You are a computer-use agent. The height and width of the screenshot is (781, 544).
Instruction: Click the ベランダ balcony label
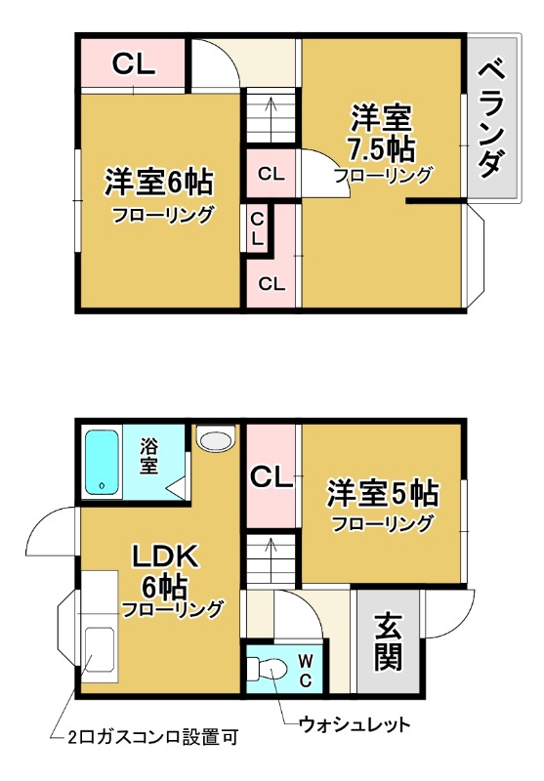(494, 116)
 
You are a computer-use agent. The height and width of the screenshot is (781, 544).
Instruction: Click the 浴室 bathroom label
(148, 457)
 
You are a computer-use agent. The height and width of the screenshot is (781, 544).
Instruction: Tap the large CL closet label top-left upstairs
(133, 63)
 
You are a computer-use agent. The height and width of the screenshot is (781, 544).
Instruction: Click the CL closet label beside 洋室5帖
(271, 478)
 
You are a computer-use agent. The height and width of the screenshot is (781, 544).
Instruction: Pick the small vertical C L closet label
(256, 227)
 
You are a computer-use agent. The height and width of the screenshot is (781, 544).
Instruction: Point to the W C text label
(305, 670)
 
